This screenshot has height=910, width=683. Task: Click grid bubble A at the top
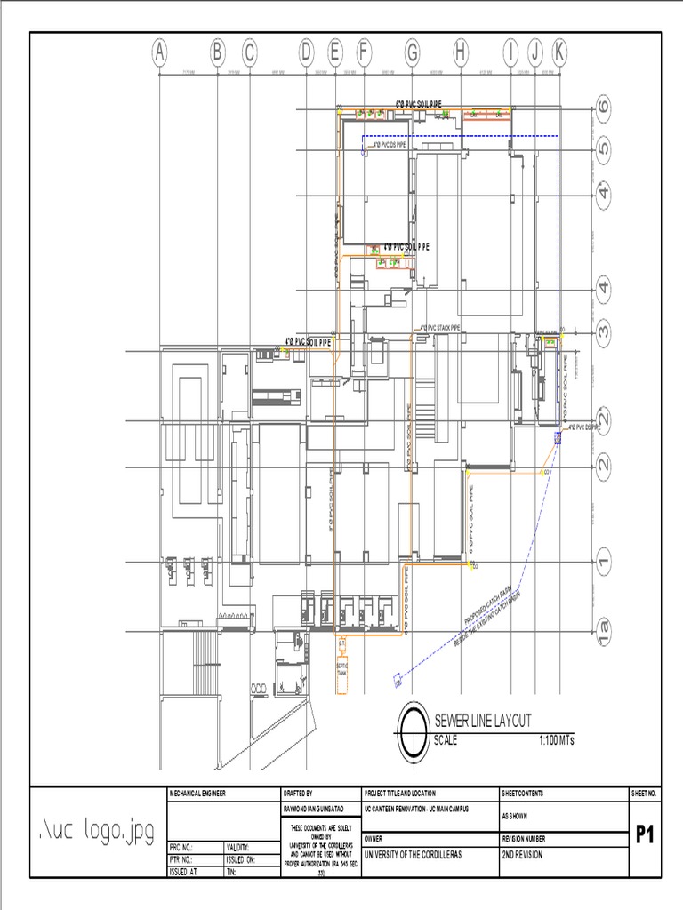(x=159, y=54)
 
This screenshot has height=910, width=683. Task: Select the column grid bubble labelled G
(x=412, y=54)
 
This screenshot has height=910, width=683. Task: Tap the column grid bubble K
(x=558, y=54)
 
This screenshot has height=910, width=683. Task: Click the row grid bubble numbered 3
(x=605, y=332)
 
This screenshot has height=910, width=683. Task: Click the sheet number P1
(x=647, y=834)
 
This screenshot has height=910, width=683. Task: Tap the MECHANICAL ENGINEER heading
(x=195, y=793)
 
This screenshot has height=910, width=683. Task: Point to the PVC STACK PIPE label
(x=440, y=327)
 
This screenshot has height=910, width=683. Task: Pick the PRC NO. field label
(x=181, y=848)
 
